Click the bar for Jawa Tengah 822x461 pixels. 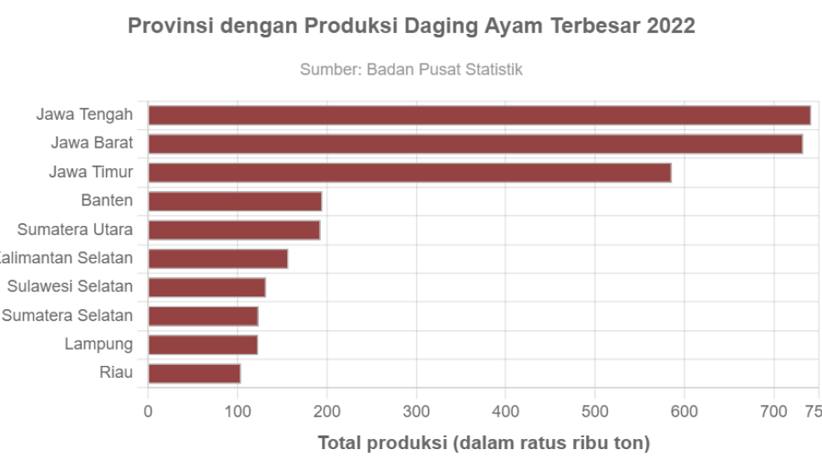point(479,115)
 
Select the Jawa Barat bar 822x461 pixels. point(475,144)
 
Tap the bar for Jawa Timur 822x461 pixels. point(409,173)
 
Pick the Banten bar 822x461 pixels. point(235,201)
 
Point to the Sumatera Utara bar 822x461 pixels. point(234,230)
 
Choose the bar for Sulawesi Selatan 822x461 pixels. point(206,288)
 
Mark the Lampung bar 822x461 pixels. point(202,345)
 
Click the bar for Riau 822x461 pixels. point(194,374)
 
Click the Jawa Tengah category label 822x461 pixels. point(85,114)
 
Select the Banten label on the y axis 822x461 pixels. point(107,200)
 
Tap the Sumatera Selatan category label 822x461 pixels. point(68,316)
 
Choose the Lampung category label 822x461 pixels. point(99,345)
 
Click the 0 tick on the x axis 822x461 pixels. point(149,413)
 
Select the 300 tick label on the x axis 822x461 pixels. point(416,413)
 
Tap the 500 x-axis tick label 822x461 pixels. point(594,413)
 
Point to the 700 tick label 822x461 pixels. point(774,413)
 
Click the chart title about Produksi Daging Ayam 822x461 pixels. point(411,26)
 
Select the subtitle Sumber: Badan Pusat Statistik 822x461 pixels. point(411,70)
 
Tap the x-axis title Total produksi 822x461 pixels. point(484,443)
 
